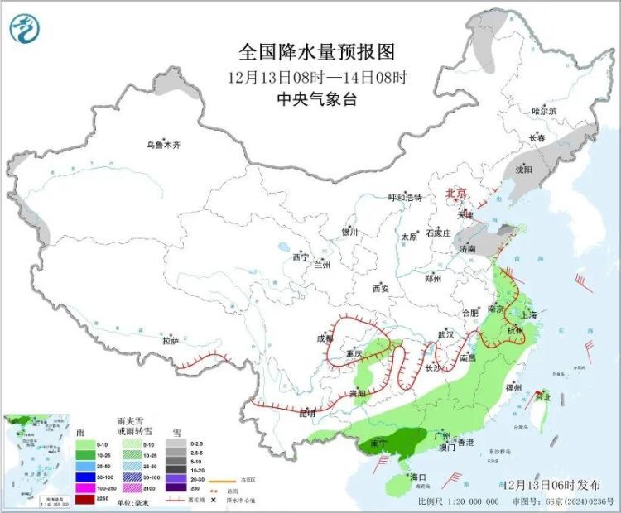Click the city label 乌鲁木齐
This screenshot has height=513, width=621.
tap(163, 145)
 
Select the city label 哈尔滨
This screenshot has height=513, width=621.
tap(544, 110)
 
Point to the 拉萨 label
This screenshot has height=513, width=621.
tap(170, 340)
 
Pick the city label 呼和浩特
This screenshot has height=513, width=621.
tap(406, 198)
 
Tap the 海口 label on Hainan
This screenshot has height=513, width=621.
tap(417, 477)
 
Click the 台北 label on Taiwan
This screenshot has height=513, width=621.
tap(543, 397)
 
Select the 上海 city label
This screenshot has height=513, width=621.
tap(527, 314)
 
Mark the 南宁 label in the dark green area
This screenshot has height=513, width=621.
tap(379, 443)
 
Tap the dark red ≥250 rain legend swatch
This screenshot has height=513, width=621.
tap(86, 498)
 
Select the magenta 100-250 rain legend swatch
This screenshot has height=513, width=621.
tap(86, 488)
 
